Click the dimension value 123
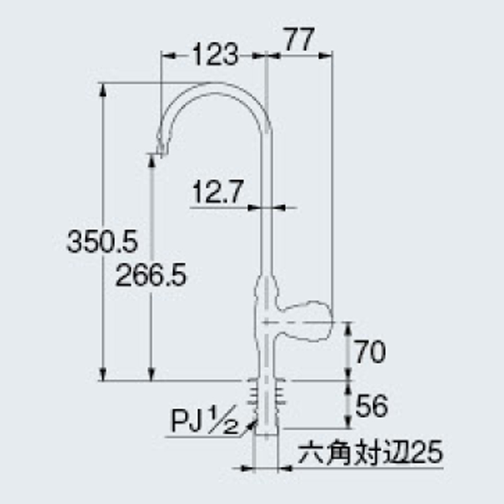(215, 55)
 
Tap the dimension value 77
(300, 41)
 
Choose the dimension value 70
(370, 353)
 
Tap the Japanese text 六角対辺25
(370, 453)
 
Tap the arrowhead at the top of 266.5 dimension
(151, 159)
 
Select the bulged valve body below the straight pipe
(266, 298)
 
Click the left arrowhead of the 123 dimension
(166, 55)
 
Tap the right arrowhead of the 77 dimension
(328, 55)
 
